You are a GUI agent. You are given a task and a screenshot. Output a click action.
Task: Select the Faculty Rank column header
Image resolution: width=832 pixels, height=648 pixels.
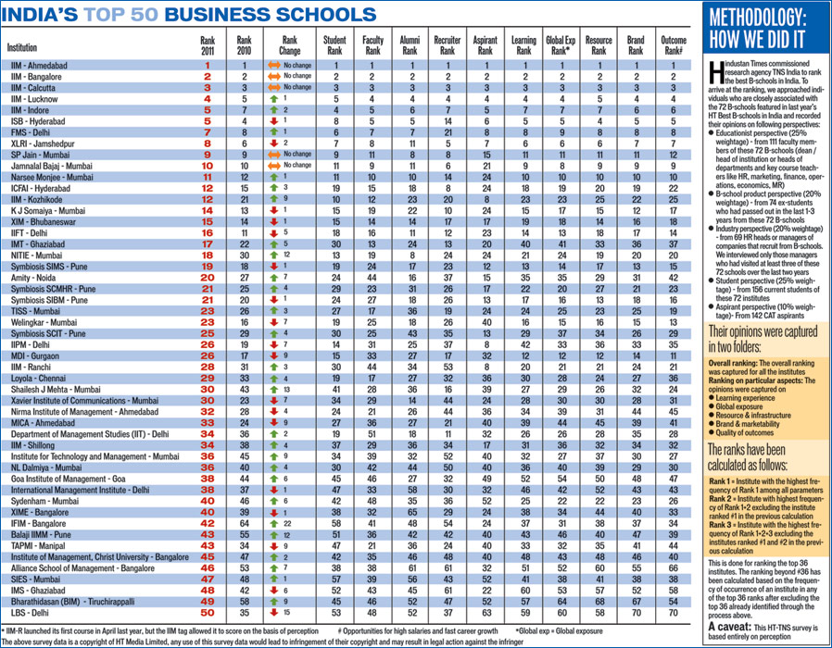click(x=372, y=45)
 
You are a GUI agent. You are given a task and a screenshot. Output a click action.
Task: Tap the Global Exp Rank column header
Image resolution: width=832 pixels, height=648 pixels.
click(x=561, y=45)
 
